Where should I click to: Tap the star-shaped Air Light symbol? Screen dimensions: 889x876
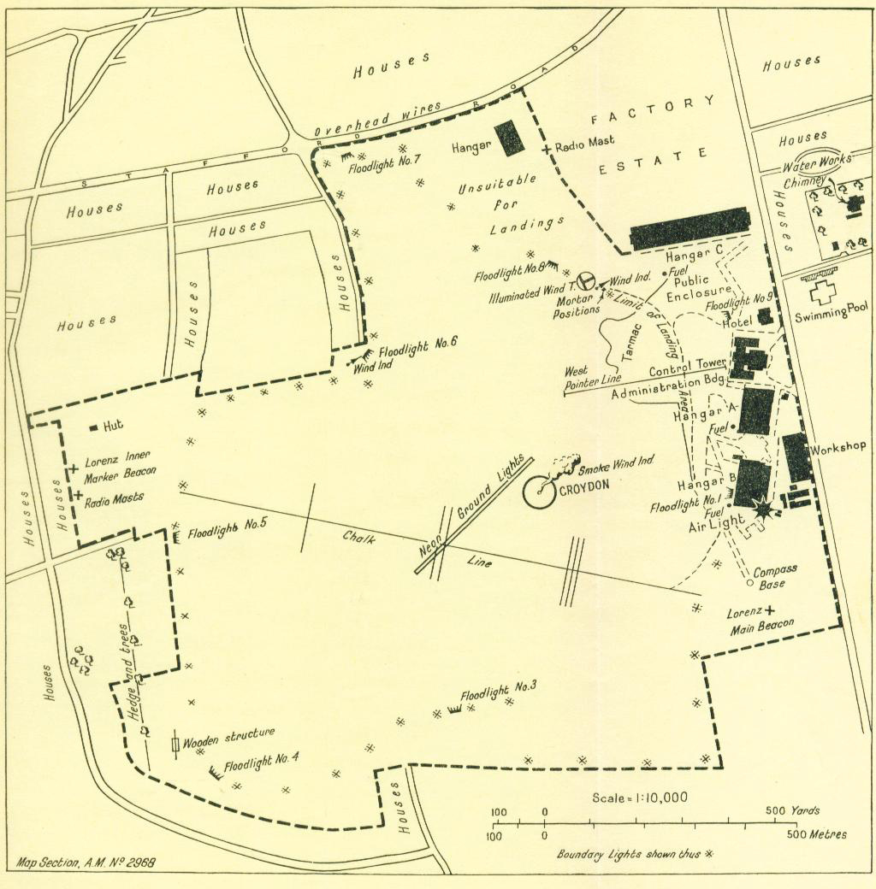click(x=761, y=510)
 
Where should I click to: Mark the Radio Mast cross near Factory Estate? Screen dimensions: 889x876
click(x=546, y=150)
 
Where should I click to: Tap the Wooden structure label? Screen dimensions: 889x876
click(x=228, y=735)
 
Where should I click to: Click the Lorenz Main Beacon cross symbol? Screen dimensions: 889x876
click(x=769, y=610)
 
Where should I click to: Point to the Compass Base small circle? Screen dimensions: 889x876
click(x=750, y=584)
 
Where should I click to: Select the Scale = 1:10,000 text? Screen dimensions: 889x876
click(x=639, y=798)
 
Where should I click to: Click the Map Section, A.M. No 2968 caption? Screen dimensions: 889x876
click(x=86, y=863)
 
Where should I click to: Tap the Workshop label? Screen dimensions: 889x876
click(x=838, y=447)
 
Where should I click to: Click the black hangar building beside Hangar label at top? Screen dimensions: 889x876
click(x=509, y=138)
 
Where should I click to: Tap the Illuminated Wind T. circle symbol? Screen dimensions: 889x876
click(x=586, y=280)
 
